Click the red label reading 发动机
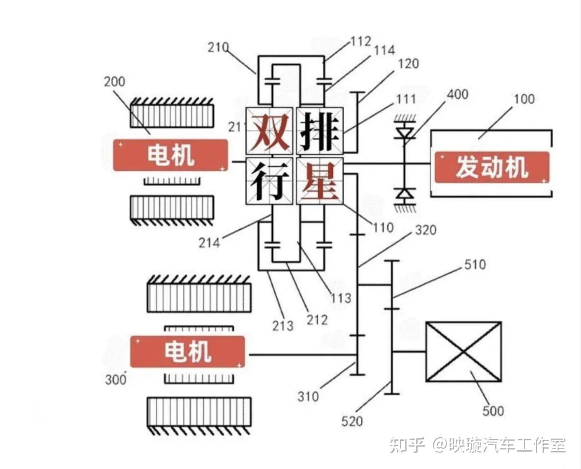492,167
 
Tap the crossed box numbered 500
463,352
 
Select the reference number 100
524,99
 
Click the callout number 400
457,94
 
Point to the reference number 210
218,47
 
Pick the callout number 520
352,421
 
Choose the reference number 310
308,396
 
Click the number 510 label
475,264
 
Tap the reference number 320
425,230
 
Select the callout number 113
341,298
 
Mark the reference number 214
209,242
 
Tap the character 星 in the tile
320,181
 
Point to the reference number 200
114,81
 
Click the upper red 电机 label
170,155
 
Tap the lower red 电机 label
187,351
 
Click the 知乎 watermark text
407,445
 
